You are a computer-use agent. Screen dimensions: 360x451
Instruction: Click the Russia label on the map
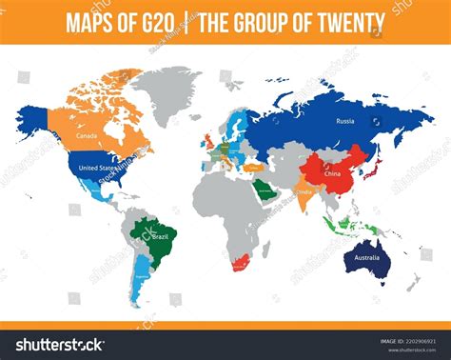click(345, 121)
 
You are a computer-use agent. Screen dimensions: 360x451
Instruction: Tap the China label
click(333, 174)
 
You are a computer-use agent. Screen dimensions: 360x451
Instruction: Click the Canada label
click(88, 136)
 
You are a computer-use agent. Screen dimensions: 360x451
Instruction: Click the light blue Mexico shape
click(96, 194)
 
